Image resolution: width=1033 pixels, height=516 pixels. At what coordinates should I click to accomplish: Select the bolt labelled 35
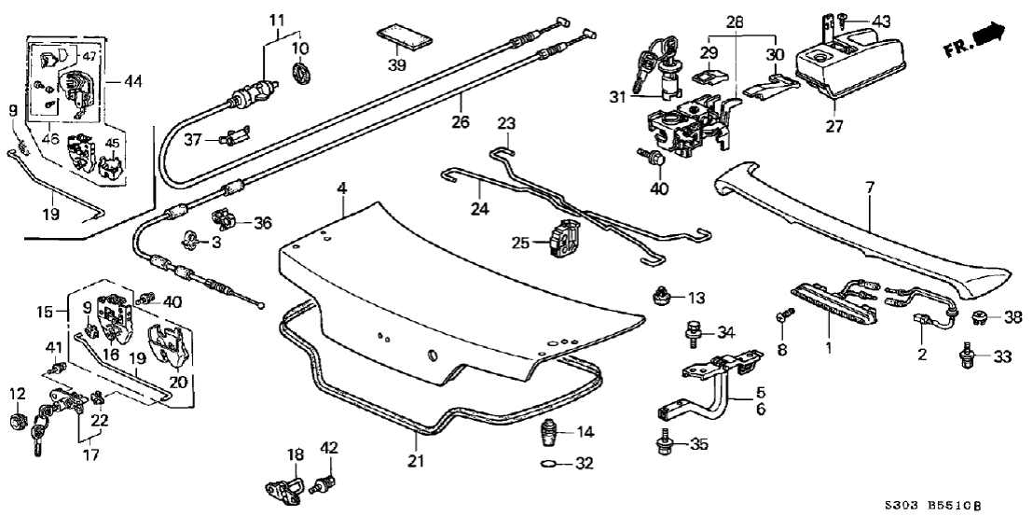pyautogui.click(x=664, y=442)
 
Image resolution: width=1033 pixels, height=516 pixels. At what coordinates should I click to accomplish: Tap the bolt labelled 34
pyautogui.click(x=696, y=331)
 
